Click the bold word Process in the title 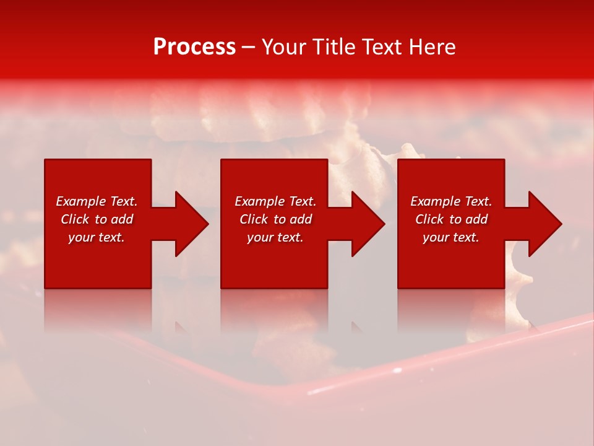pos(194,47)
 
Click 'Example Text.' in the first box pos(97,201)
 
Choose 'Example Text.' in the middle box pos(275,201)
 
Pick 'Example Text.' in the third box pos(451,201)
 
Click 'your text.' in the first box pos(97,237)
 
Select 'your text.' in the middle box pos(275,237)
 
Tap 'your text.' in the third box pos(451,237)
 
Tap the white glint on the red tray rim pos(322,391)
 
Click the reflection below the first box pos(98,310)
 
